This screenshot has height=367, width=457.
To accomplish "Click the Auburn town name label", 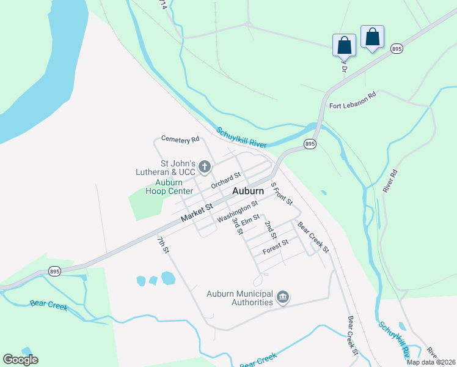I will (247, 191).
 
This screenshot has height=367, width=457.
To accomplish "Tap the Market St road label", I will (196, 213).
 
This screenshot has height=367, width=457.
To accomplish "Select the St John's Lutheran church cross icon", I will (205, 166).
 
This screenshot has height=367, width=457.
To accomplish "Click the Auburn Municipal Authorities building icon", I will (282, 297).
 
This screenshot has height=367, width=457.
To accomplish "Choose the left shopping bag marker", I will (344, 45).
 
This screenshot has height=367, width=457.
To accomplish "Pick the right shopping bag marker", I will (372, 37).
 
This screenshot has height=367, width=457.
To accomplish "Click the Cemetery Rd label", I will (180, 139).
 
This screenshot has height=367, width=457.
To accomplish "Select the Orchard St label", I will (226, 180).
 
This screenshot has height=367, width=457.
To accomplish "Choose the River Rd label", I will (390, 182).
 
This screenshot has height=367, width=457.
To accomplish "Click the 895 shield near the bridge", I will (310, 144).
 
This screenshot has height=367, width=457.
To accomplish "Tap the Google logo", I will (20, 360).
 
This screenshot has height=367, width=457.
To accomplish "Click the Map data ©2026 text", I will (431, 362).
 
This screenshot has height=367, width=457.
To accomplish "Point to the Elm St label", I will (250, 218).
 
